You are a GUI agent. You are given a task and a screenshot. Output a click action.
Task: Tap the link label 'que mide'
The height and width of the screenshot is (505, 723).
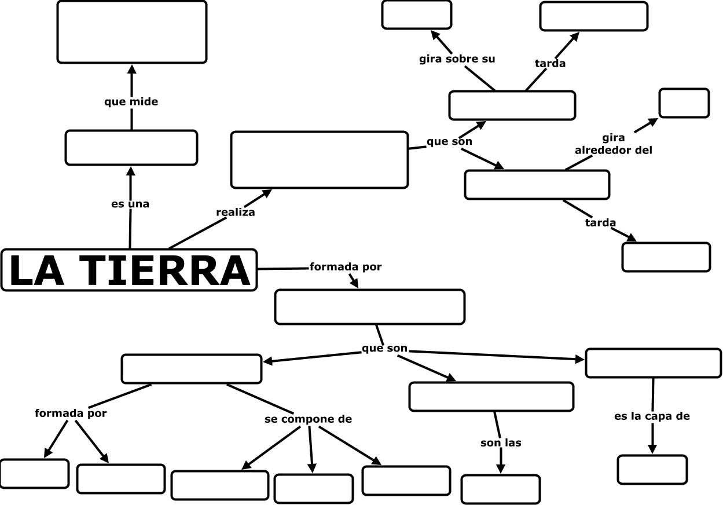pyautogui.click(x=131, y=102)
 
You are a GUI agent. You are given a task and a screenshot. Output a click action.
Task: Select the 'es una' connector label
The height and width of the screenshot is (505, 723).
pyautogui.click(x=130, y=204)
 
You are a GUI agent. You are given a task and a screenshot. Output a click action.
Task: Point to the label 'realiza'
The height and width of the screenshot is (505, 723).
pyautogui.click(x=236, y=213)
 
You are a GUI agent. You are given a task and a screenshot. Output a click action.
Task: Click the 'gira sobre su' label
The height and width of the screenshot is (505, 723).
pyautogui.click(x=457, y=59)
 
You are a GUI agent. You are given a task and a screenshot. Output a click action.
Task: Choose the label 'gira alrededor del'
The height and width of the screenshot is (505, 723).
pyautogui.click(x=614, y=144)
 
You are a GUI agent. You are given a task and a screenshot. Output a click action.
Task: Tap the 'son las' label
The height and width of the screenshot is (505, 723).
pyautogui.click(x=501, y=443)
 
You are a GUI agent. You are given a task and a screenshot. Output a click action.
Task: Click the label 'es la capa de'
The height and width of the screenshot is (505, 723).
pyautogui.click(x=652, y=416)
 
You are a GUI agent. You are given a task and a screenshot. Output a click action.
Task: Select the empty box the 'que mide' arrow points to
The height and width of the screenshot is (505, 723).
pyautogui.click(x=132, y=32)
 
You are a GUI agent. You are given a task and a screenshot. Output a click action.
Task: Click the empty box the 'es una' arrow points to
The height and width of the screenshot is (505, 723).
pyautogui.click(x=131, y=148)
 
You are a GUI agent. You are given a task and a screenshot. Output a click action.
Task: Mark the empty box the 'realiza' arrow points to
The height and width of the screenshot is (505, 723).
pyautogui.click(x=320, y=160)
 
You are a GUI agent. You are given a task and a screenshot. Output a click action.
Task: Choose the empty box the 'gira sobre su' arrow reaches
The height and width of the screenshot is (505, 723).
pyautogui.click(x=416, y=15)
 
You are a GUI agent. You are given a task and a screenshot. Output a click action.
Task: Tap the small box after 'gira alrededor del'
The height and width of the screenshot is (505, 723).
pyautogui.click(x=684, y=103)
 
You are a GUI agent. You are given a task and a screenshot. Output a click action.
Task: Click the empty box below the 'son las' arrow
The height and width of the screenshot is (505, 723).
pyautogui.click(x=501, y=489)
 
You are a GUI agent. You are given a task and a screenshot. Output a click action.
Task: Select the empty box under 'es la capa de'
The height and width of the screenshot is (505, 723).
pyautogui.click(x=652, y=470)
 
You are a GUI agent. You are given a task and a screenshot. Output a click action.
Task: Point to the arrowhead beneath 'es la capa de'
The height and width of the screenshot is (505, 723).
pyautogui.click(x=652, y=449)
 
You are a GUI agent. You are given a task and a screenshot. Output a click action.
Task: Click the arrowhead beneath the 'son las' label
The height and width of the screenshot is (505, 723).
pyautogui.click(x=501, y=469)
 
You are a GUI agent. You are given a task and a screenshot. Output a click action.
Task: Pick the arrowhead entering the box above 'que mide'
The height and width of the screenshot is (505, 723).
pyautogui.click(x=131, y=69)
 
